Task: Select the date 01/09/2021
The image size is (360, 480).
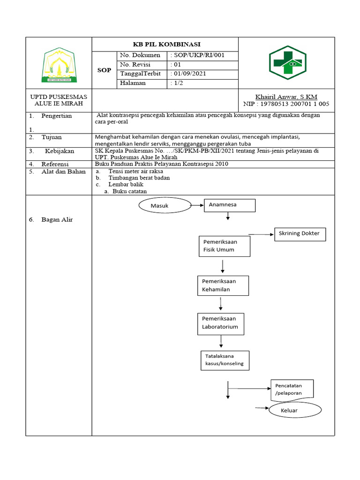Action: [190, 74]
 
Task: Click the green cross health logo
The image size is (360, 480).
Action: [287, 63]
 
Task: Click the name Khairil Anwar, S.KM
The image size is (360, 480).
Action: [286, 97]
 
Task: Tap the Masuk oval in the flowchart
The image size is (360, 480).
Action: [164, 206]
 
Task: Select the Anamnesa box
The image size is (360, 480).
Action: [230, 205]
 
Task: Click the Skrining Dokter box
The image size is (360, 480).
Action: [300, 233]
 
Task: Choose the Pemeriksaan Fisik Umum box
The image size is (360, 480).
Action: [225, 246]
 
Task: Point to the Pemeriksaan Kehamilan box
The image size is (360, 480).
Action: [223, 285]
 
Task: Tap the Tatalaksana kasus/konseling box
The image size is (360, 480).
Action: [225, 360]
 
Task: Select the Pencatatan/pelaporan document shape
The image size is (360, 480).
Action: [292, 390]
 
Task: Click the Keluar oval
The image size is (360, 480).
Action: [295, 411]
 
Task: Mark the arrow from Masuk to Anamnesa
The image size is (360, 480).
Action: [197, 205]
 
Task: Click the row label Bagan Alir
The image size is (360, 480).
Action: [57, 220]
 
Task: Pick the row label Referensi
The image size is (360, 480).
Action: [55, 164]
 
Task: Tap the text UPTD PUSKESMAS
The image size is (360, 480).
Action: [59, 97]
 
